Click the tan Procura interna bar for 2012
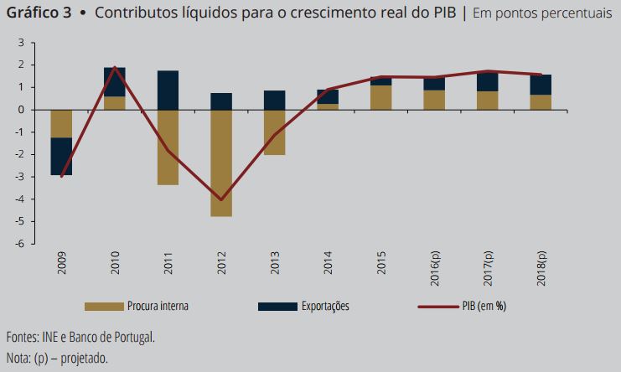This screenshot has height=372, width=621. tap(221, 163)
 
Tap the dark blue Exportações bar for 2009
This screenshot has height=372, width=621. tap(60, 156)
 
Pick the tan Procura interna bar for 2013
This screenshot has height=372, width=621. tap(274, 132)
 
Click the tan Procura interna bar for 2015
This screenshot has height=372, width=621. tap(380, 97)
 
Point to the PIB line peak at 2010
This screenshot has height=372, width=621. tap(114, 67)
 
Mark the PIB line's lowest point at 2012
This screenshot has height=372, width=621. tap(221, 199)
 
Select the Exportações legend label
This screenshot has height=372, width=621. tap(324, 307)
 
